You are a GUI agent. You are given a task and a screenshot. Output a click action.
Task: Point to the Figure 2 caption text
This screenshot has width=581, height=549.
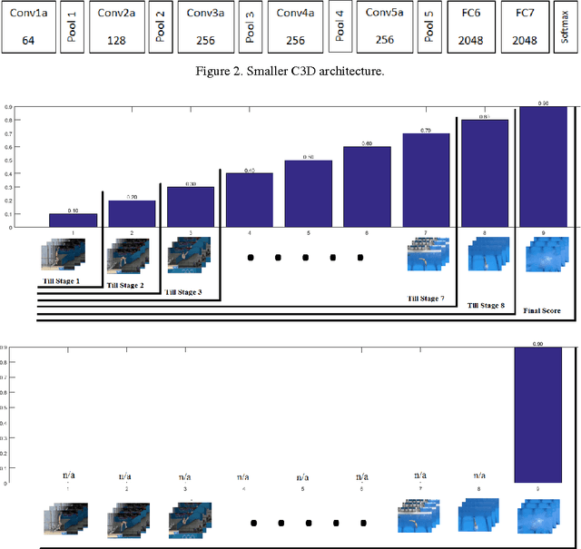pyautogui.click(x=291, y=71)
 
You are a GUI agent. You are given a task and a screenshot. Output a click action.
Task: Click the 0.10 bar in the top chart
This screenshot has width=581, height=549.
pyautogui.click(x=73, y=221)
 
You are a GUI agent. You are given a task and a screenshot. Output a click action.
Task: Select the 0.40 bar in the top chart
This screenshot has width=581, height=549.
pyautogui.click(x=250, y=200)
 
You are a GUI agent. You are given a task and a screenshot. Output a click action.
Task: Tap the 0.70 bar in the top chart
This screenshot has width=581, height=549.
pyautogui.click(x=427, y=180)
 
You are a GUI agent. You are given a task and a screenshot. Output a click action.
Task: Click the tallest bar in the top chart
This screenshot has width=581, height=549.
pyautogui.click(x=544, y=166)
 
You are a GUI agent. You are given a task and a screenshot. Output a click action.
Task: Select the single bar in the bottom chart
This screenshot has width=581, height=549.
pyautogui.click(x=544, y=414)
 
